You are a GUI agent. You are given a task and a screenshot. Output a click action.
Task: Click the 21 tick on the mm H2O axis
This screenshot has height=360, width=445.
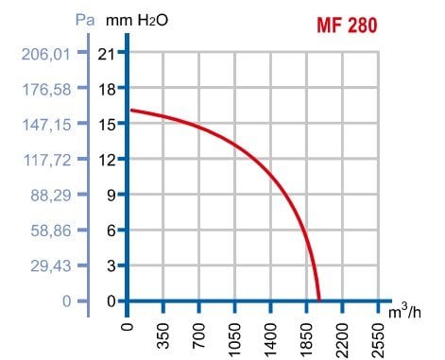point(108,54)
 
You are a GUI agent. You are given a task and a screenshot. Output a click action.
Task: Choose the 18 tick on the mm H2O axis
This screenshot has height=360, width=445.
point(108,89)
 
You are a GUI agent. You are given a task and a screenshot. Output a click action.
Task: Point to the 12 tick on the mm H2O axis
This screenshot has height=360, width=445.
point(108,159)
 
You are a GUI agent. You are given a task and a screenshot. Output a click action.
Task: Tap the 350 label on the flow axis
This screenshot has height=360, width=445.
point(163,335)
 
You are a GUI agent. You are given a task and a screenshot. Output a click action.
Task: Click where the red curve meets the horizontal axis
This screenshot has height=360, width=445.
point(319,300)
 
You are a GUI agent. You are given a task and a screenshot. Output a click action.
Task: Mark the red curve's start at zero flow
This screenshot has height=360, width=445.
point(129,111)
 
